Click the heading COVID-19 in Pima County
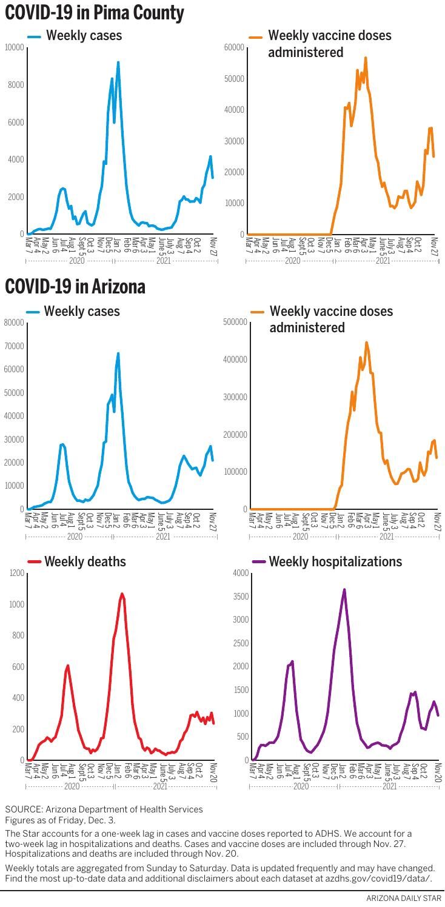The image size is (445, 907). (95, 13)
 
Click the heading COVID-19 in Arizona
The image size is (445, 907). (75, 286)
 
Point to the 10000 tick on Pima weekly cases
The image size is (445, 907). (14, 47)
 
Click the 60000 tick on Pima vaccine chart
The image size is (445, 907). (233, 47)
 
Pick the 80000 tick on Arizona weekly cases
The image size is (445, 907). (14, 323)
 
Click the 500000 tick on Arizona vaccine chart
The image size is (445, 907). (235, 323)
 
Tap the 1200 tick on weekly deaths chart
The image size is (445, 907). (16, 574)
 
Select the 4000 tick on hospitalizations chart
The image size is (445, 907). (241, 574)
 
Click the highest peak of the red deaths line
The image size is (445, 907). (122, 594)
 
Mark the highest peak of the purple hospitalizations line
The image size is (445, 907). (344, 589)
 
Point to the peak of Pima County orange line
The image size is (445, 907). (366, 58)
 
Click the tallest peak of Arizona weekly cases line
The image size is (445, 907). (118, 353)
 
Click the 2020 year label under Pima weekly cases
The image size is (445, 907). (76, 261)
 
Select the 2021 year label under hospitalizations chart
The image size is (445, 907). (389, 786)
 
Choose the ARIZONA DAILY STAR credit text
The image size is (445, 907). (404, 898)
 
